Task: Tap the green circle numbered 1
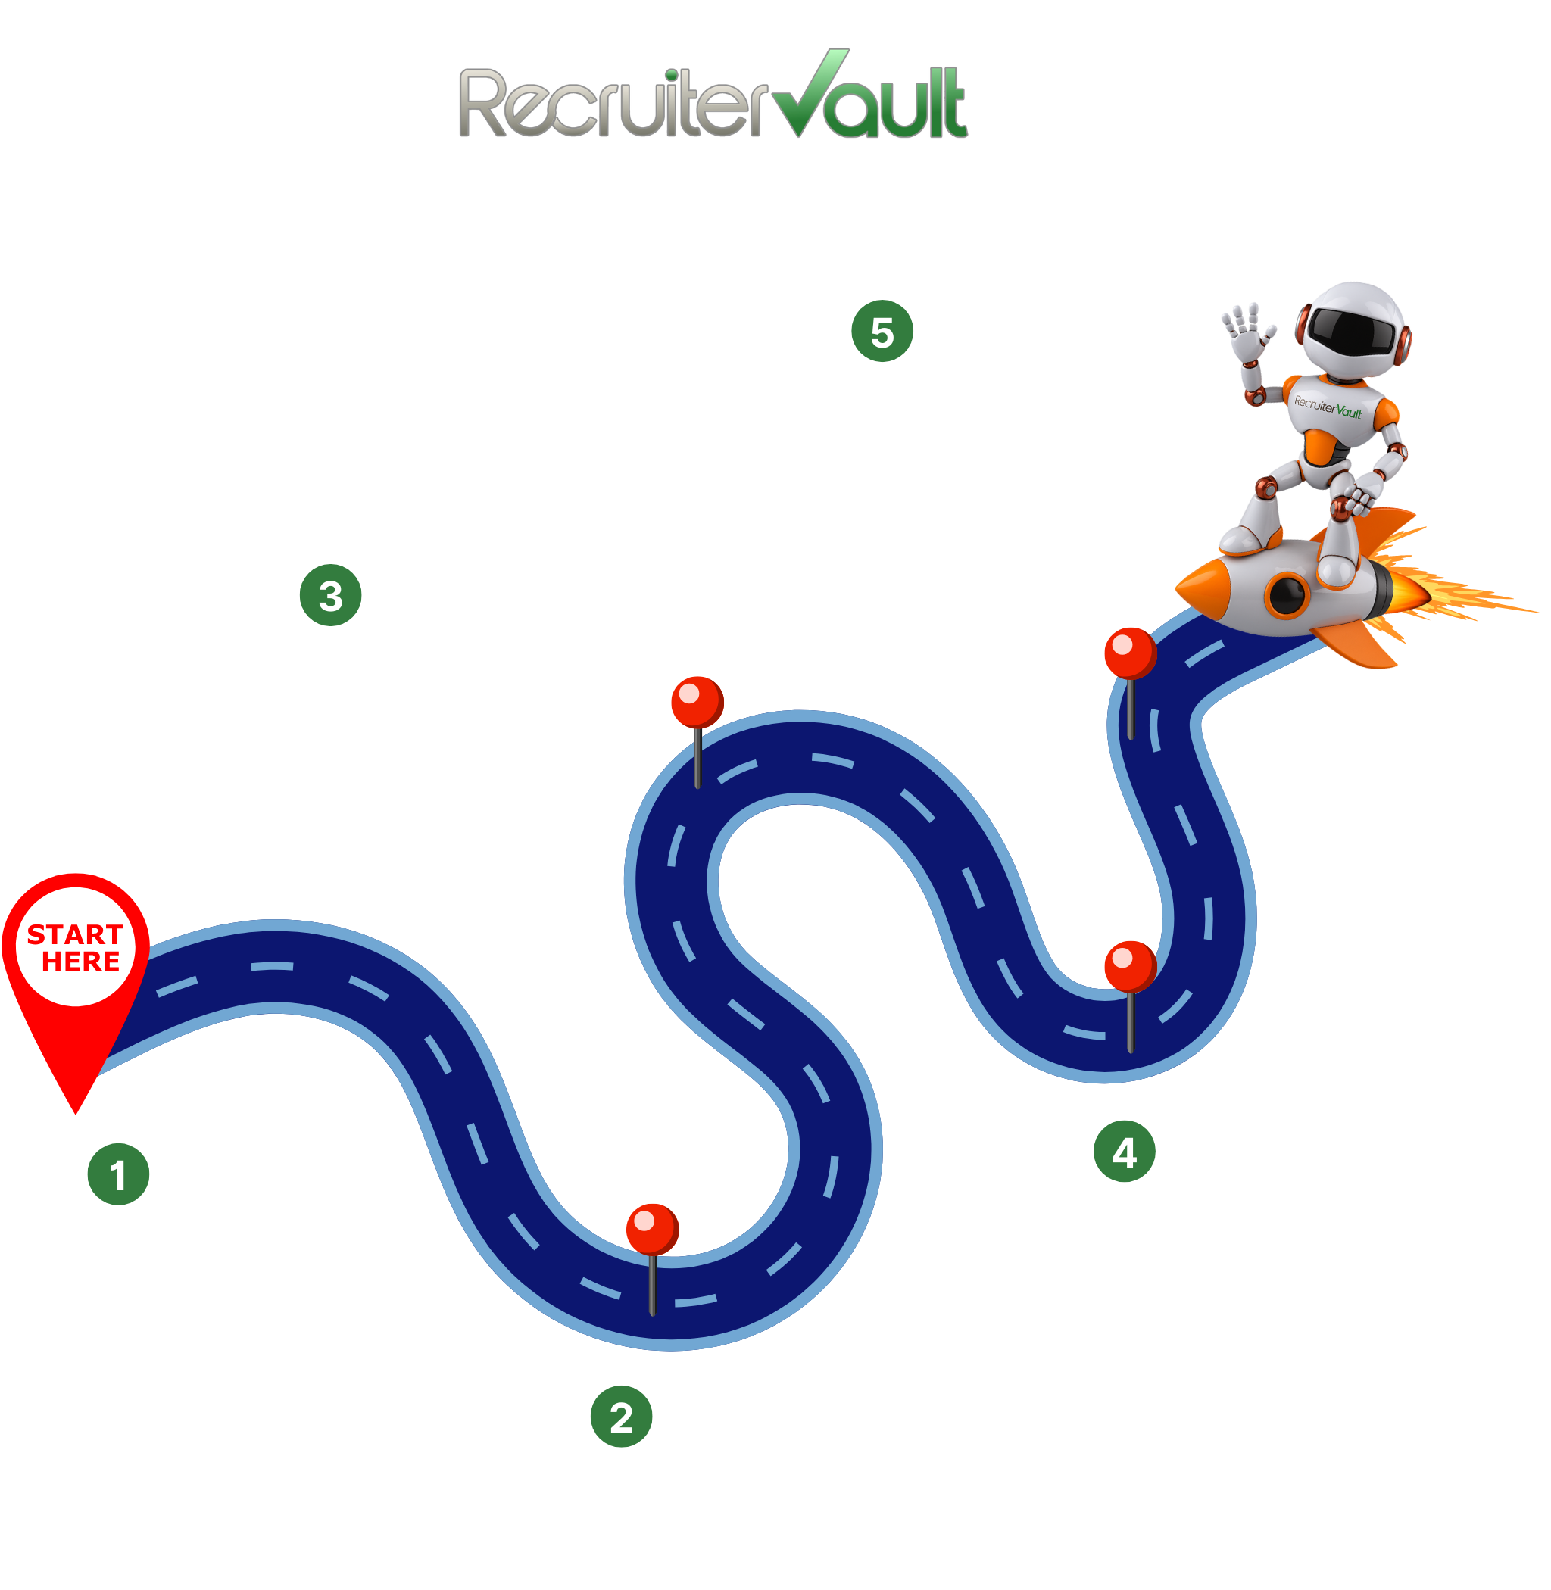(118, 1174)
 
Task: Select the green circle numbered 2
(621, 1417)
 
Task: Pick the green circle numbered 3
(330, 595)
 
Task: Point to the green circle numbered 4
(1124, 1152)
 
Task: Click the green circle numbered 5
(882, 332)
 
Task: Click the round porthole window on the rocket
(1287, 594)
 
